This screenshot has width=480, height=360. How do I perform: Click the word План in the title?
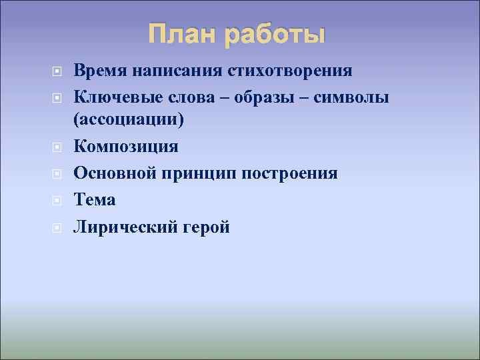point(183,34)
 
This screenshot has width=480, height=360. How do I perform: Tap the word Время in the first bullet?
point(101,70)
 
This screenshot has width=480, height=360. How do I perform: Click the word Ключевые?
point(115,97)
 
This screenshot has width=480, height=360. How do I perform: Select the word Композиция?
point(126,146)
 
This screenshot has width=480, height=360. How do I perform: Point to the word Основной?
point(114,173)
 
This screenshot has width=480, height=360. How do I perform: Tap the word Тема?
point(95,200)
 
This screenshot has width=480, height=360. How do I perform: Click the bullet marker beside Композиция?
point(58,147)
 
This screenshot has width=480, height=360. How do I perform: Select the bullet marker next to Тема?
point(58,201)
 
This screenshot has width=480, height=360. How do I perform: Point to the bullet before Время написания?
point(58,71)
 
